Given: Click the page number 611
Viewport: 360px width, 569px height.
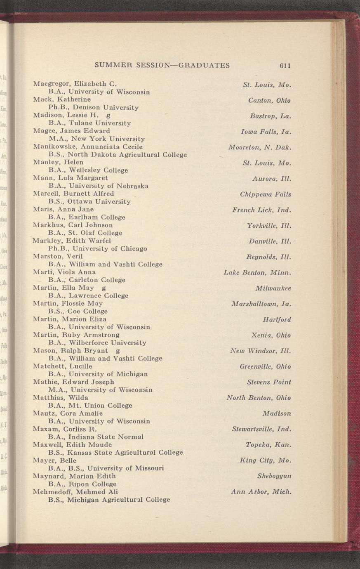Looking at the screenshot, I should tap(285, 66).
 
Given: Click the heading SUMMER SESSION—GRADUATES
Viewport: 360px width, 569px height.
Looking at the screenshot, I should tap(162, 65).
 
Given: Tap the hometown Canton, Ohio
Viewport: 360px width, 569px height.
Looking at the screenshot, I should tap(269, 101).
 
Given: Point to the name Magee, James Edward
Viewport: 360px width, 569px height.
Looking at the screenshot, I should tap(71, 131).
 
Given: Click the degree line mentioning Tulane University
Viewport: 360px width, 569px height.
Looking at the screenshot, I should tap(89, 123).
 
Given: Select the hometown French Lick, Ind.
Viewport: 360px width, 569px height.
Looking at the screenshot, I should tap(261, 210).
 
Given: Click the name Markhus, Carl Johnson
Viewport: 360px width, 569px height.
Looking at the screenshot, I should tap(73, 225).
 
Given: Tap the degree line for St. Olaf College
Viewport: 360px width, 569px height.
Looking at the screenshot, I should tap(85, 233).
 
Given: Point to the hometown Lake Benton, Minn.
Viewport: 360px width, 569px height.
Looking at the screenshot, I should tap(257, 273).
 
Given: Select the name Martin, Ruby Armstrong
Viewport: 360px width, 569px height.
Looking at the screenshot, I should tap(76, 335).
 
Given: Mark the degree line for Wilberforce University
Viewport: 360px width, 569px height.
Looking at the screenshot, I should tap(97, 342).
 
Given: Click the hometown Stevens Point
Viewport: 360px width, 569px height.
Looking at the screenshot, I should tap(269, 382).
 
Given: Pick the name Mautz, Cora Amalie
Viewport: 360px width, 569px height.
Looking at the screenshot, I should tap(68, 413).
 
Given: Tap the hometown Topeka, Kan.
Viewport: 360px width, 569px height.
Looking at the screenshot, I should tap(268, 445).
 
